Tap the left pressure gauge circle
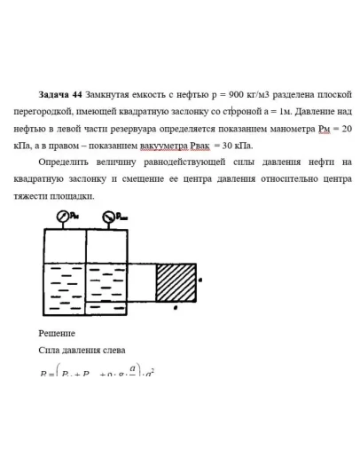point(63,216)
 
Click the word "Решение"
point(57,333)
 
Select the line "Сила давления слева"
point(82,350)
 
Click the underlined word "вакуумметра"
point(165,145)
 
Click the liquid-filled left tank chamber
point(65,288)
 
